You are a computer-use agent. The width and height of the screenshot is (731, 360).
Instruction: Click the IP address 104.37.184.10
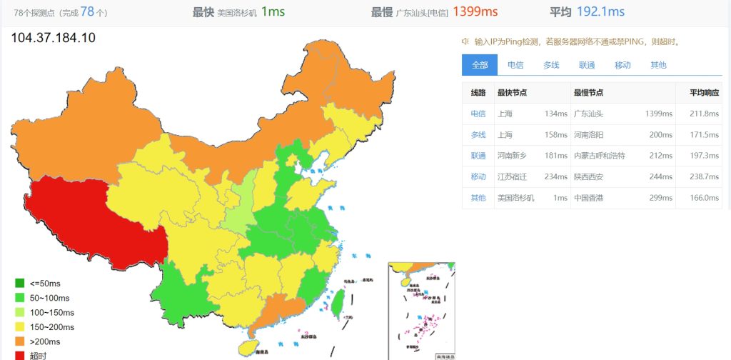click(54, 38)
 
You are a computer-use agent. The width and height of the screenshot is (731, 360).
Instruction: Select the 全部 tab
click(479, 65)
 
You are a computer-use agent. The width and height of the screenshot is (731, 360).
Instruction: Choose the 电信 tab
click(515, 65)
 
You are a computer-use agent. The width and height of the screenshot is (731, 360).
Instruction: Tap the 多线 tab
click(551, 65)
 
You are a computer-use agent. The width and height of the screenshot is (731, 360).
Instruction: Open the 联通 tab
click(587, 65)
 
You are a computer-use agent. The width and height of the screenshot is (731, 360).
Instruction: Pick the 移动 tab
click(622, 65)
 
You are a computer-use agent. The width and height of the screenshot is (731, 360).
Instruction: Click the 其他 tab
click(658, 65)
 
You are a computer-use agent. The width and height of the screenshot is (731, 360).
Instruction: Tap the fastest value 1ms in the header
click(273, 11)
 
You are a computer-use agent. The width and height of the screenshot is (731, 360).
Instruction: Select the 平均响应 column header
click(704, 93)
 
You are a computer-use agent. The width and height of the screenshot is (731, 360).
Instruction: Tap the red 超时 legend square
click(19, 355)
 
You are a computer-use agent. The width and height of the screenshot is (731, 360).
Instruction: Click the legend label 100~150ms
click(52, 313)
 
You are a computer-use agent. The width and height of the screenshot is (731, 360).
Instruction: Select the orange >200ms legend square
click(19, 341)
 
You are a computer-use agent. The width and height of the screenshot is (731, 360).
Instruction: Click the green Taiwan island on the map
click(340, 302)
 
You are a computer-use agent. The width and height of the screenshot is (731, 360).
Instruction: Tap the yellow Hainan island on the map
click(247, 347)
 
